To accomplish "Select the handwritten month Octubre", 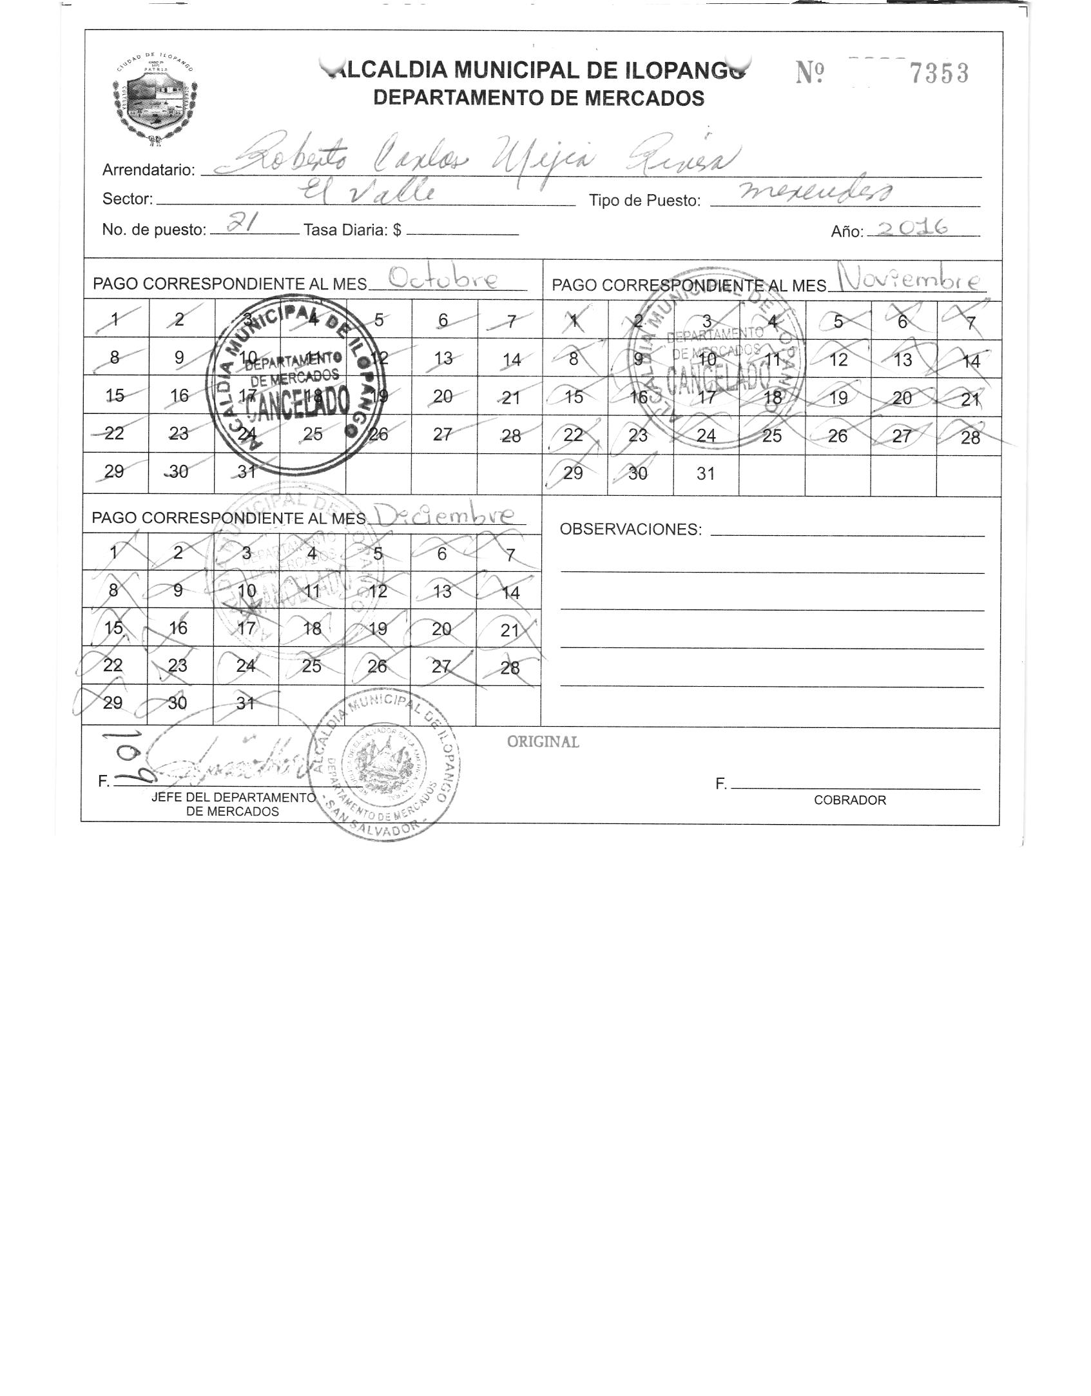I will click(444, 279).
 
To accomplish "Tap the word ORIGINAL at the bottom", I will click(543, 742).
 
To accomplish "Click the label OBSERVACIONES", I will click(630, 529).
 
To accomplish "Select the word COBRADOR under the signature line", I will click(849, 800).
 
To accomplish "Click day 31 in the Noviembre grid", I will click(706, 473).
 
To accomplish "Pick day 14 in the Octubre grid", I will click(511, 359).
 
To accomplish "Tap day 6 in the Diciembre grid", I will click(441, 554).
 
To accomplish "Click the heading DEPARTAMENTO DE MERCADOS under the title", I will click(539, 98).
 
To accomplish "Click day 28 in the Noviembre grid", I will click(970, 437).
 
